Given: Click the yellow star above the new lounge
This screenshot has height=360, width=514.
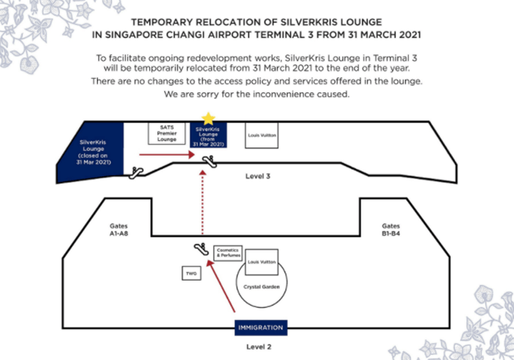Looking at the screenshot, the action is pyautogui.click(x=208, y=119).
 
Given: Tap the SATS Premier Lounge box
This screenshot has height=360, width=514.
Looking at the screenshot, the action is pyautogui.click(x=166, y=133).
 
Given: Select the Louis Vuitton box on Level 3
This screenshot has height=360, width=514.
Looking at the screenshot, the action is pyautogui.click(x=262, y=135).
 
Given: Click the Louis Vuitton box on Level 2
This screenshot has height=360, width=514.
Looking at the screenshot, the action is pyautogui.click(x=262, y=262).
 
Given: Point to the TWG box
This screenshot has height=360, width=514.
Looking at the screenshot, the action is pyautogui.click(x=191, y=273).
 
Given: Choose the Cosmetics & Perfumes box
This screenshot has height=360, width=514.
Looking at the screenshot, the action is pyautogui.click(x=228, y=253).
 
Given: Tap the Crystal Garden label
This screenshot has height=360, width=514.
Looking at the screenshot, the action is pyautogui.click(x=262, y=287).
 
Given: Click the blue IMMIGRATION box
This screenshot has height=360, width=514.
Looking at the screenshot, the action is pyautogui.click(x=261, y=327).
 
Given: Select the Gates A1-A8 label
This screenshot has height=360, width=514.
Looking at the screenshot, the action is pyautogui.click(x=119, y=229).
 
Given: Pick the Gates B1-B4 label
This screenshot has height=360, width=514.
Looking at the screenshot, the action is pyautogui.click(x=391, y=229).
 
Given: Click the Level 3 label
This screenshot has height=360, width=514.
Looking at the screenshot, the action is pyautogui.click(x=258, y=176).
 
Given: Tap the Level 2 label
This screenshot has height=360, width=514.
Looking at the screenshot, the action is pyautogui.click(x=259, y=346).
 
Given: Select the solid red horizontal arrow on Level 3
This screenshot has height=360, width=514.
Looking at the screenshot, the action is pyautogui.click(x=167, y=154).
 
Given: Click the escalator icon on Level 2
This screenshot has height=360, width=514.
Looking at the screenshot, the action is pyautogui.click(x=201, y=249).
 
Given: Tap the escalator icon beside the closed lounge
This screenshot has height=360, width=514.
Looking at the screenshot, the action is pyautogui.click(x=136, y=172).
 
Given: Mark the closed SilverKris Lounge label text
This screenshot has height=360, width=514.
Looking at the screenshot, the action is pyautogui.click(x=94, y=152).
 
